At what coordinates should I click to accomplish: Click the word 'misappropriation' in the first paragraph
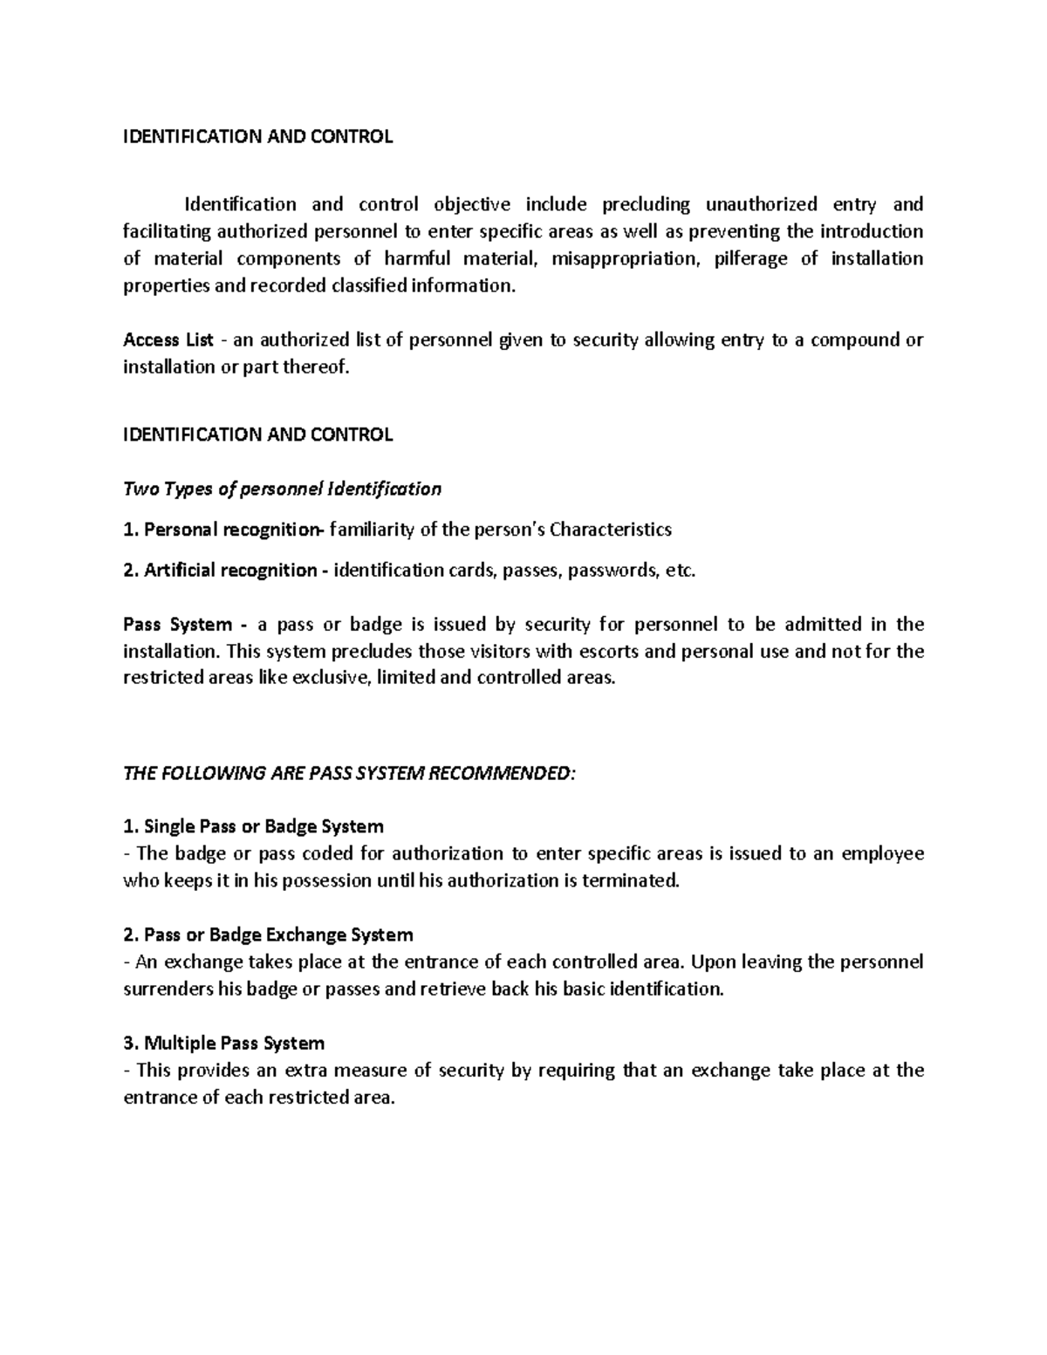[x=626, y=258]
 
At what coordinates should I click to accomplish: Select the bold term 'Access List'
[x=168, y=339]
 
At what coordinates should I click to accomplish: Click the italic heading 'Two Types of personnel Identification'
[x=283, y=489]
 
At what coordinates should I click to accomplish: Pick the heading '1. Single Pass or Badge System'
[x=253, y=825]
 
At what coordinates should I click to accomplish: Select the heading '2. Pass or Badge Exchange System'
[x=268, y=934]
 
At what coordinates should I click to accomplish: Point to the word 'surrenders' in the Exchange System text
[x=168, y=989]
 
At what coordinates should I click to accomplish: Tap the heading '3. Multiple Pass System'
[x=224, y=1043]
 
